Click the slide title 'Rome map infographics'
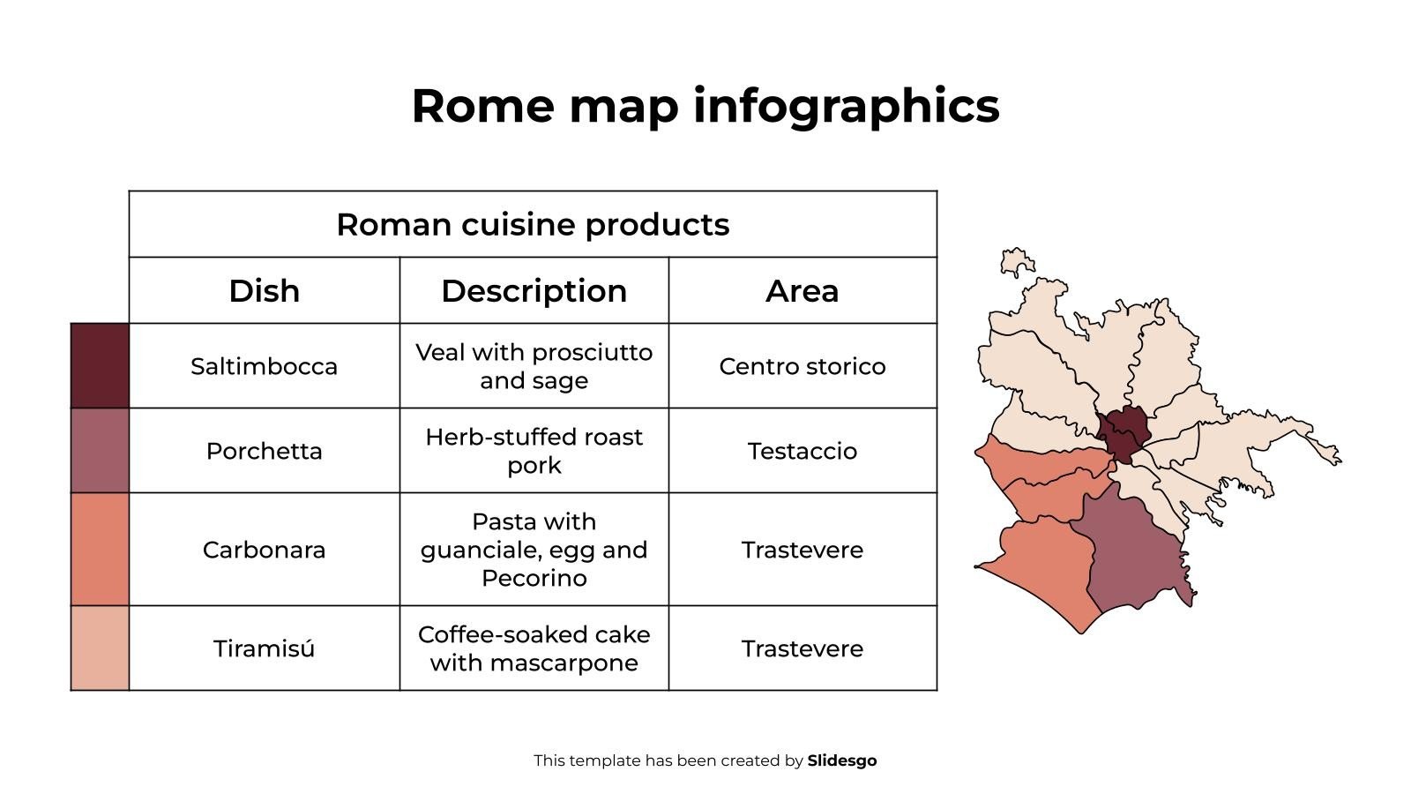(x=705, y=106)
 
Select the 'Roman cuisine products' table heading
(x=533, y=224)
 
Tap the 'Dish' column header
(x=264, y=290)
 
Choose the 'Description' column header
(x=534, y=290)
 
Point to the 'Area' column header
(x=802, y=290)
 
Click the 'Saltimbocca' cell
(x=264, y=366)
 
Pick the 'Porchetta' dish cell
(x=264, y=451)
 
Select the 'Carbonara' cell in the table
(x=264, y=550)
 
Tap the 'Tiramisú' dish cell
(x=264, y=648)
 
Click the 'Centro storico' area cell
(x=802, y=366)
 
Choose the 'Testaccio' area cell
(x=802, y=451)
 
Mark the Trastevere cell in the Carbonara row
(x=802, y=550)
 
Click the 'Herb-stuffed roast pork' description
(x=534, y=451)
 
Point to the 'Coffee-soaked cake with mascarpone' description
(x=534, y=648)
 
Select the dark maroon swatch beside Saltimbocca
(x=100, y=365)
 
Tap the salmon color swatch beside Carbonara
(x=100, y=549)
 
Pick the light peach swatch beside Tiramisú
(x=100, y=648)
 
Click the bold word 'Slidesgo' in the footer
(x=841, y=760)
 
